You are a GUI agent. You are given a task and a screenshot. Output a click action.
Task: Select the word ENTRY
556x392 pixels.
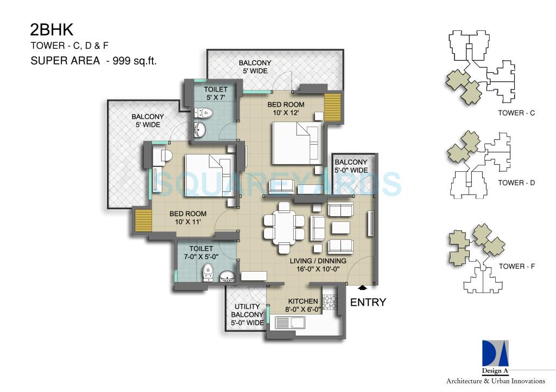click(x=368, y=303)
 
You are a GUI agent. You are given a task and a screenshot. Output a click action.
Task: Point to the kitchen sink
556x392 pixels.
click(x=291, y=323)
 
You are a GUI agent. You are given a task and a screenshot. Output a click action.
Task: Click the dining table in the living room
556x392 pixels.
click(x=284, y=227)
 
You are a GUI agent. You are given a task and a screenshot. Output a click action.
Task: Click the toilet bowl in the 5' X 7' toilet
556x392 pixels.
click(x=206, y=113)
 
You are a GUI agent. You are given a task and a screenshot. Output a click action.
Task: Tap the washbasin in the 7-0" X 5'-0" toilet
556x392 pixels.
click(x=228, y=278)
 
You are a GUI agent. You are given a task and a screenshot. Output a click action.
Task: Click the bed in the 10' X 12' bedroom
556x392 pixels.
click(x=296, y=143)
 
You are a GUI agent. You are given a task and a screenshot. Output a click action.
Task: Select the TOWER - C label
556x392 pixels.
click(x=516, y=113)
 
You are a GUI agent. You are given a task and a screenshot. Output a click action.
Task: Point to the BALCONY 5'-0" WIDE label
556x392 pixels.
click(x=351, y=166)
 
